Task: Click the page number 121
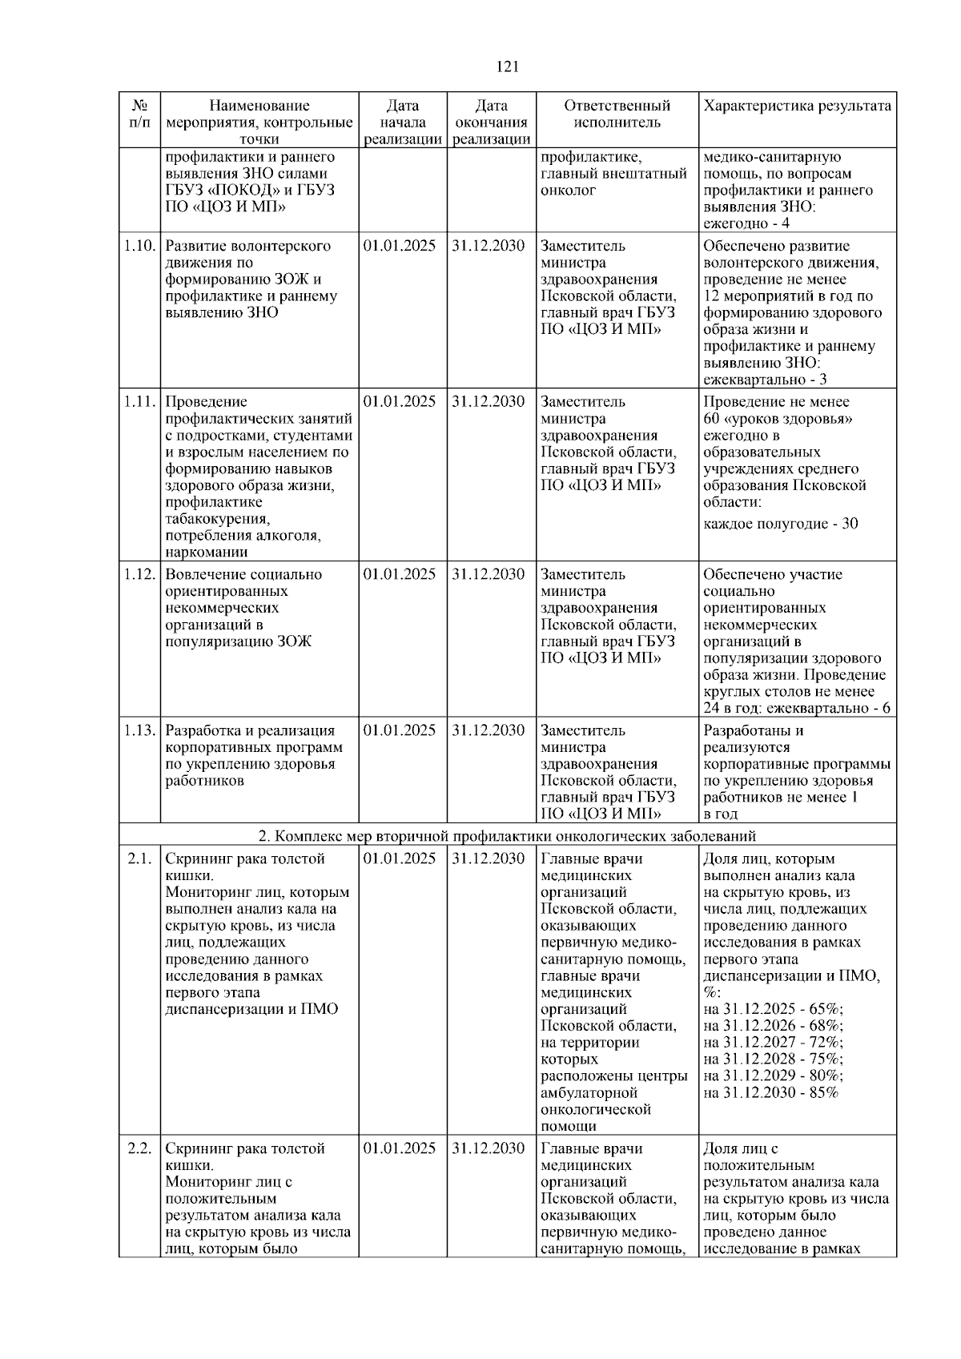point(508,66)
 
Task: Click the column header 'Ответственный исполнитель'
point(617,114)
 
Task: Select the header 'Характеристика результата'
point(797,106)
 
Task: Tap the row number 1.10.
point(139,246)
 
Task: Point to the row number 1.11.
point(139,402)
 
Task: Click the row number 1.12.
point(139,574)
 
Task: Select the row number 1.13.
point(139,730)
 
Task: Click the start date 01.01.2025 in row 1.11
point(400,402)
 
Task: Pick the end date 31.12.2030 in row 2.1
point(488,859)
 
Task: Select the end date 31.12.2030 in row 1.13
point(488,730)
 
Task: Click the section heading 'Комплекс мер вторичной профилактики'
point(508,837)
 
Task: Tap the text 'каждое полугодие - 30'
point(781,524)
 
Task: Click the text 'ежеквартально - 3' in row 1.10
point(765,380)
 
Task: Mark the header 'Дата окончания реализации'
point(491,122)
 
